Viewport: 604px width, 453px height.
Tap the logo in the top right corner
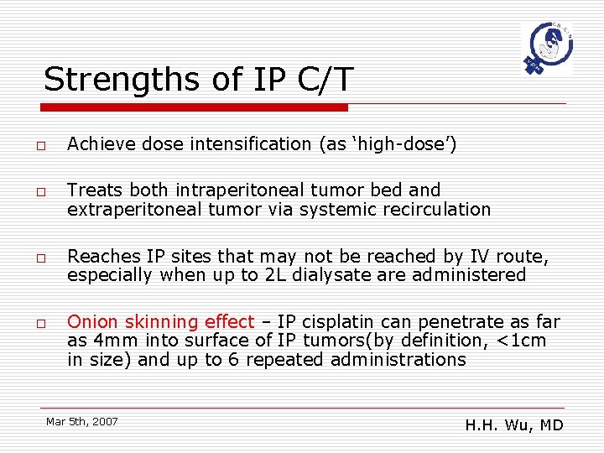545,49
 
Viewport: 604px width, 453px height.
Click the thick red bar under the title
195,107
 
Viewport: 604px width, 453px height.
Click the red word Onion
92,322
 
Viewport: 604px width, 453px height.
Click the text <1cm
521,341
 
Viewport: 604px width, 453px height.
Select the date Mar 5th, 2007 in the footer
82,421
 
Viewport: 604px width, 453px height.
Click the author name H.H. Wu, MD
513,425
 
